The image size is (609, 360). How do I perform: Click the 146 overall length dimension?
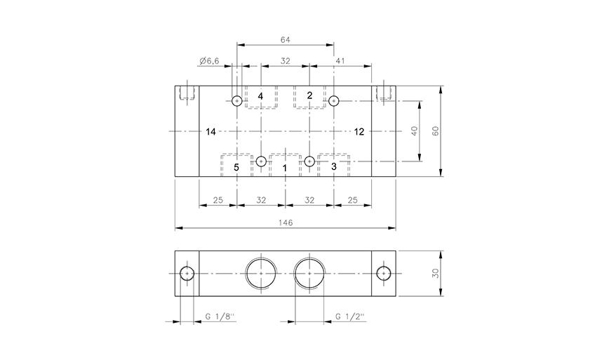point(285,222)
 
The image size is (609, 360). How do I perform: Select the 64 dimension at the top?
point(285,39)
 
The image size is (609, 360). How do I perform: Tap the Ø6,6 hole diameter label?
point(210,62)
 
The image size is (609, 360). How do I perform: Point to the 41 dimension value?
point(340,62)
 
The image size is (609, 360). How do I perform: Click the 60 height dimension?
point(435,132)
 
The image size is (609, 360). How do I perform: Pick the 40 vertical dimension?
point(415,132)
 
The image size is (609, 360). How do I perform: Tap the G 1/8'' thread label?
point(219,317)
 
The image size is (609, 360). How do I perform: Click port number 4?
point(260,95)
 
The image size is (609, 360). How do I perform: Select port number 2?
point(309,95)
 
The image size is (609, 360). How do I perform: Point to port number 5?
point(236,167)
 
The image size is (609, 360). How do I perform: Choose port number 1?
point(285,168)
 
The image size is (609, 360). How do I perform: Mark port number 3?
point(333,167)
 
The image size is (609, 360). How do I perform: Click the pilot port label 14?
point(211,131)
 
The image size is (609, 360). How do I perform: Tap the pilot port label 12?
point(359,131)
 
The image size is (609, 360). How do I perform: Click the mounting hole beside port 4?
point(237,101)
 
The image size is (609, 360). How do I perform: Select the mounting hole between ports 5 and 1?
point(261,161)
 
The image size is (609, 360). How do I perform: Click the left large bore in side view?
point(260,273)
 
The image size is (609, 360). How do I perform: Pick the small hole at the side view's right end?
point(383,273)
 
